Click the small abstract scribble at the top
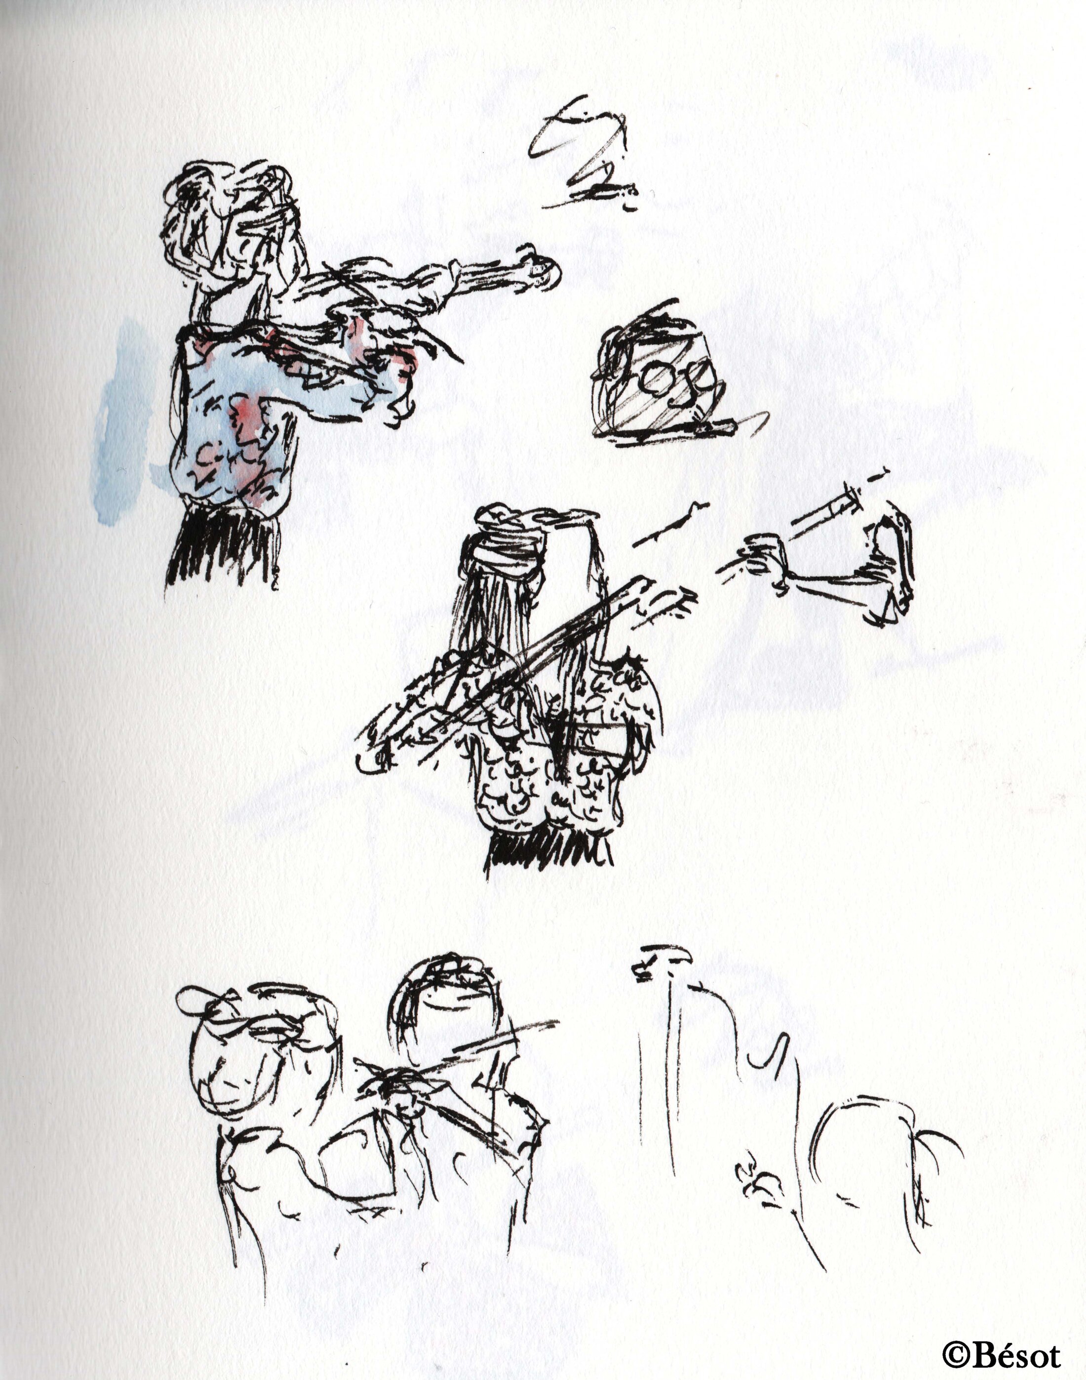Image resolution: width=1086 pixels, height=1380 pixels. click(582, 156)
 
